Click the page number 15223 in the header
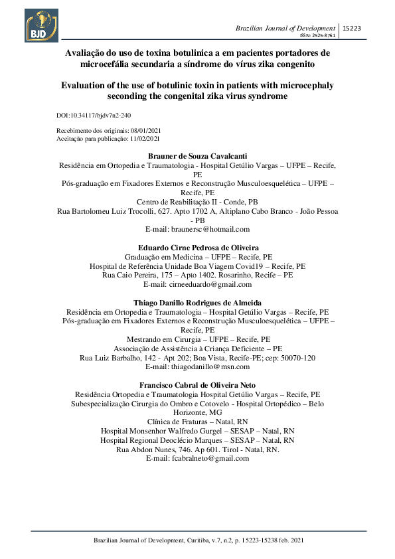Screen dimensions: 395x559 pos(351,28)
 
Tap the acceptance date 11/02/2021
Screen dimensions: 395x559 pos(145,139)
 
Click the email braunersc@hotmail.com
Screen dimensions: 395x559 pos(212,228)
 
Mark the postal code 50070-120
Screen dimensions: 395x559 pos(296,357)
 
